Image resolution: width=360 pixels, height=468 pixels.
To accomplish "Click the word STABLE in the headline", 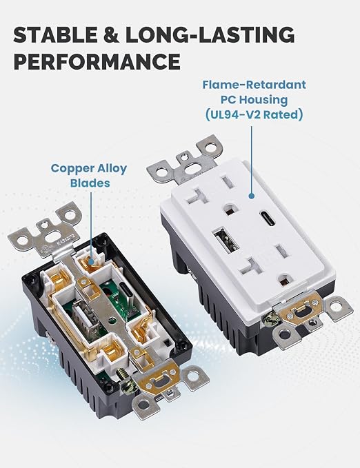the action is [x=55, y=34].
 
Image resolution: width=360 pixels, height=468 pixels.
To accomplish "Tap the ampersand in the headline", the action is [x=111, y=34].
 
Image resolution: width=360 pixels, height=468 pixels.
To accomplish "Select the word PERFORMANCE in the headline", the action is [x=97, y=62].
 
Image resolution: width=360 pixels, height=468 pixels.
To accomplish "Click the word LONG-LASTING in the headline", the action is [x=210, y=34].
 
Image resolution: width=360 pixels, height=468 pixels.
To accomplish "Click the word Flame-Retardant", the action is [x=254, y=85].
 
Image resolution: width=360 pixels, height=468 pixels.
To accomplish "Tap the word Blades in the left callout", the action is [x=90, y=183].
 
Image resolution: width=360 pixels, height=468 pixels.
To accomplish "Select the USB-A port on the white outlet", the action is [x=226, y=241].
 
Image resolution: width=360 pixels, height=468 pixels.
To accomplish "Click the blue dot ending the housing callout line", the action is [x=252, y=196].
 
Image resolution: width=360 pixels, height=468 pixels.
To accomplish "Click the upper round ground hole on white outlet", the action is [x=230, y=209].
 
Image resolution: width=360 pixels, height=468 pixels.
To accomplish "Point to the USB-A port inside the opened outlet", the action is [x=83, y=317].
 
